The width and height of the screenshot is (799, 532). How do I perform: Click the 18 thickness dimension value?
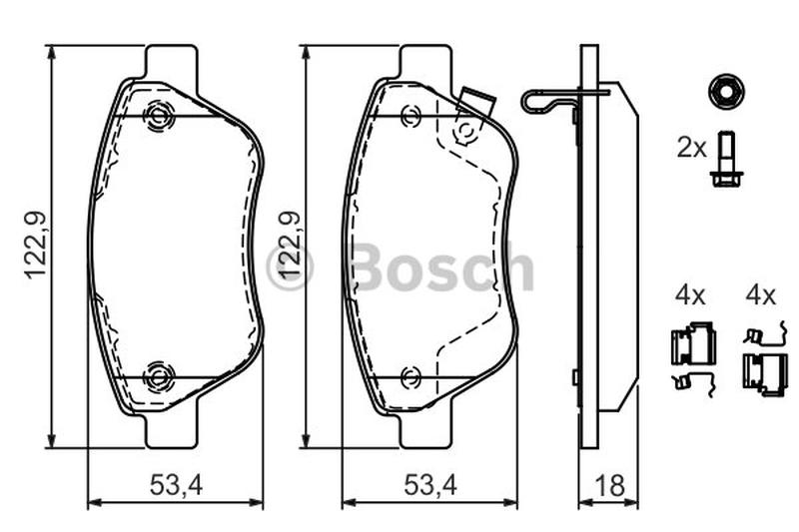(609, 485)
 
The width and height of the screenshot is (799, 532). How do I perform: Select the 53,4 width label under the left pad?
(177, 485)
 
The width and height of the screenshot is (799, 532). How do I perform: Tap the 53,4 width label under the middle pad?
(430, 485)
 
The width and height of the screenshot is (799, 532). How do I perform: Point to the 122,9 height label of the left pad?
(36, 245)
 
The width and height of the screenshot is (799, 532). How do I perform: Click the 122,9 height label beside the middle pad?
(290, 245)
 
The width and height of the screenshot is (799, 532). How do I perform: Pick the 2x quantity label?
(691, 148)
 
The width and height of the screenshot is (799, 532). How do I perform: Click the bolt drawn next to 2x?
(726, 160)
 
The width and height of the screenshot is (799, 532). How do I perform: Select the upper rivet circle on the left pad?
(159, 117)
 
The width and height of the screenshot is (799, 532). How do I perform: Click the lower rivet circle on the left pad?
(159, 377)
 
